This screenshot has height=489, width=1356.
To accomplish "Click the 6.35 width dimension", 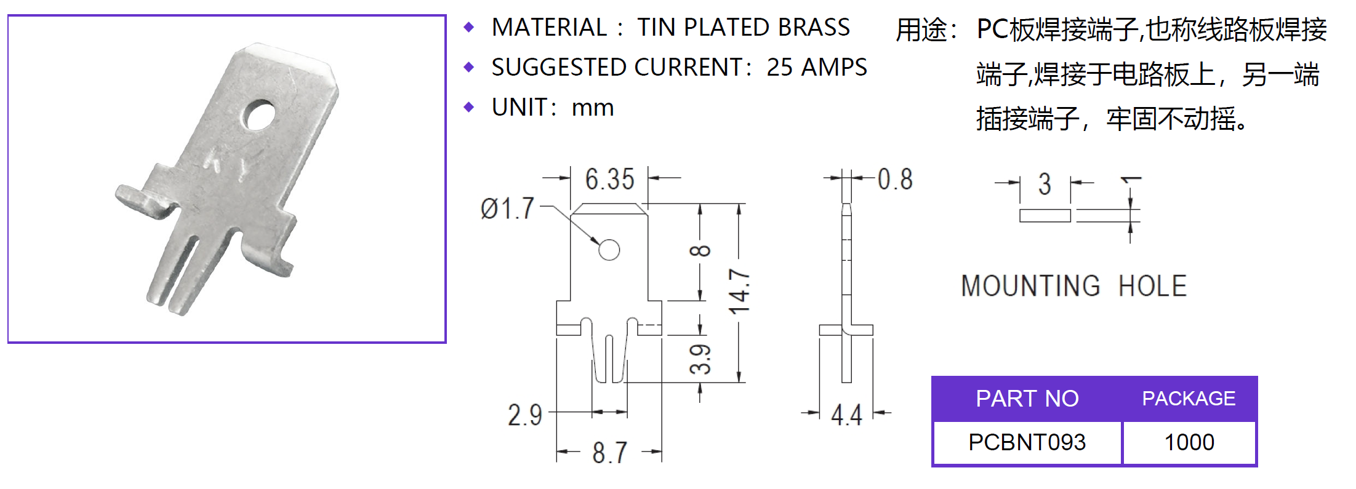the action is (x=609, y=180).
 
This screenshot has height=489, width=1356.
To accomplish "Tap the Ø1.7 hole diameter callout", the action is (x=507, y=209).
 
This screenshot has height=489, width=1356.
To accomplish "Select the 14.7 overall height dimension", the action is (x=739, y=292).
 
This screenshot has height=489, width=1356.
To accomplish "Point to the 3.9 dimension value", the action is (x=700, y=359).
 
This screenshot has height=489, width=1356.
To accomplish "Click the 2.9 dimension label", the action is (x=525, y=415).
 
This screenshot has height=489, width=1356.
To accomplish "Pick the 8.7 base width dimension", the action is (x=609, y=453).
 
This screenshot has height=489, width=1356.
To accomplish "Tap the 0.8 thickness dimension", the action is (x=895, y=180).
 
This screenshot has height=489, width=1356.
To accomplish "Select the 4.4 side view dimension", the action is (x=846, y=415).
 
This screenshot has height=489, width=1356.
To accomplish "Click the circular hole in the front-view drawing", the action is (x=609, y=250).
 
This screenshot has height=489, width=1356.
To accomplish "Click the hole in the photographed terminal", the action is (x=259, y=116).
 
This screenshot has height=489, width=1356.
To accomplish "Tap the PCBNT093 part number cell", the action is (x=1027, y=442).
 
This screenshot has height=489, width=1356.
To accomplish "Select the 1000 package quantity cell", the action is (x=1189, y=442).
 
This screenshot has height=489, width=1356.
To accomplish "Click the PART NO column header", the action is (x=1027, y=399).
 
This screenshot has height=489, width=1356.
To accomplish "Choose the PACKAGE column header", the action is (x=1189, y=399).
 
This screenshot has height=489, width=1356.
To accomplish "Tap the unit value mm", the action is (x=593, y=109).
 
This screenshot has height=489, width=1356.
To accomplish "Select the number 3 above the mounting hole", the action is (x=1045, y=184).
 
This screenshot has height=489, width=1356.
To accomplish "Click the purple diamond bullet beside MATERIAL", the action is (x=469, y=27).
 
